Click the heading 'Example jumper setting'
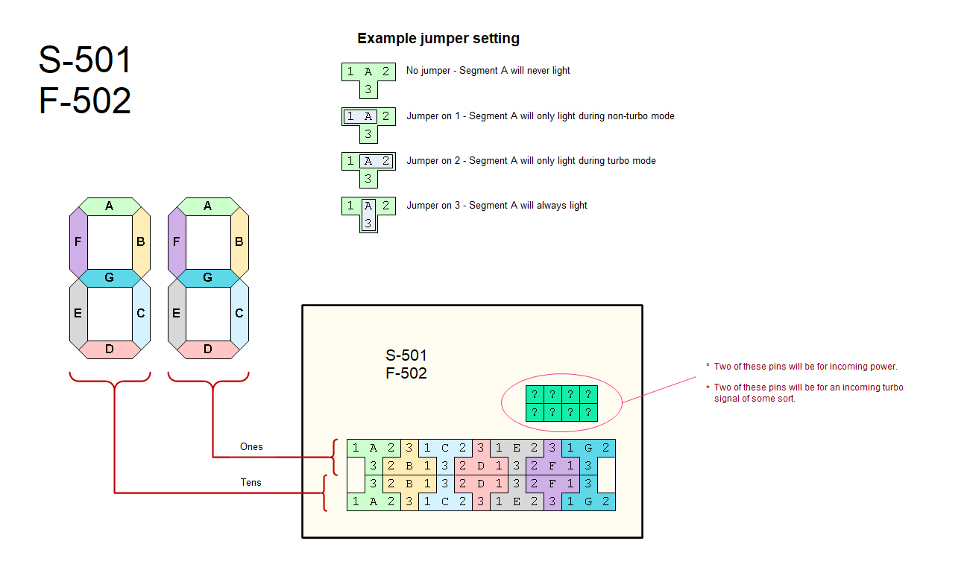[x=438, y=39]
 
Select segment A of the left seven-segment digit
[x=110, y=206]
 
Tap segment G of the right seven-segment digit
[x=207, y=277]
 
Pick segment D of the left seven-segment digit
[x=110, y=349]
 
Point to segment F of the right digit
[x=176, y=241]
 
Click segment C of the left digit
[x=141, y=313]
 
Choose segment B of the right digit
[x=239, y=241]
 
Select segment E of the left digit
[x=78, y=313]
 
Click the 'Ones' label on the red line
[x=251, y=447]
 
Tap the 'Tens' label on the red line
[x=251, y=483]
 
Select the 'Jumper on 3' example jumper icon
[x=368, y=215]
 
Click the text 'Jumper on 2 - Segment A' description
[x=531, y=161]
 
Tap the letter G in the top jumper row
[x=588, y=448]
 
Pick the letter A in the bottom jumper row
[x=374, y=501]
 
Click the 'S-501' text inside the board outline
[x=406, y=355]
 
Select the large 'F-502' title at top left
[x=85, y=101]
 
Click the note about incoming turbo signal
[x=808, y=393]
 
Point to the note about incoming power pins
[x=805, y=367]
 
